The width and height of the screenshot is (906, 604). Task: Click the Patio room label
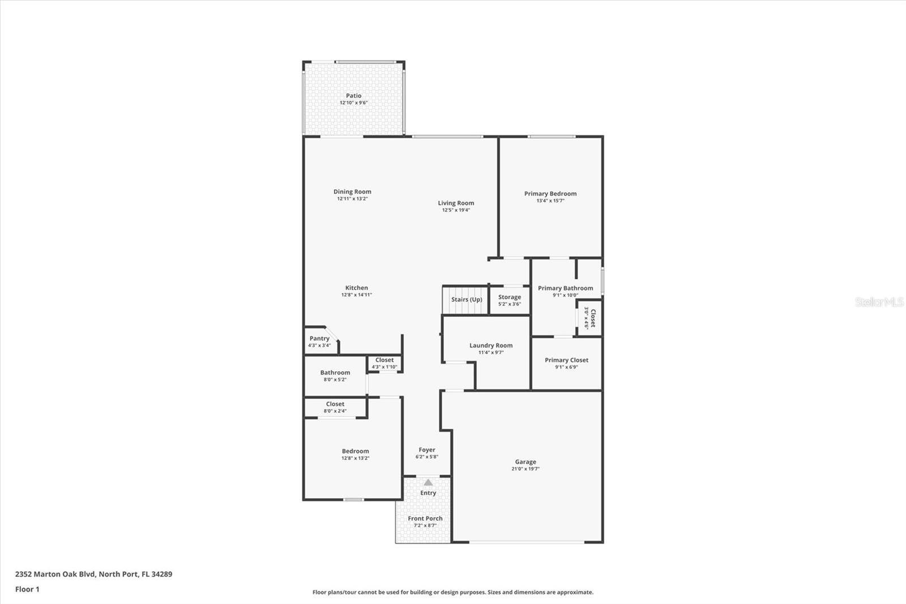coord(353,96)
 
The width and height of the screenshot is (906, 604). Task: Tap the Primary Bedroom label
coord(550,194)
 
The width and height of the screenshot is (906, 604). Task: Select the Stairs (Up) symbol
coord(466,300)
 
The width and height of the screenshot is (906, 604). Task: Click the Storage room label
coord(509,297)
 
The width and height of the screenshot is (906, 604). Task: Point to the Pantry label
coord(319,338)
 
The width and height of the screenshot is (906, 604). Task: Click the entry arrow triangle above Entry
coord(428,482)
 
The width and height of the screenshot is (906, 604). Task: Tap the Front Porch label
coord(425,518)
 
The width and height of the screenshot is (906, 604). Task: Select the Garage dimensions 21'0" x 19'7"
coord(525,469)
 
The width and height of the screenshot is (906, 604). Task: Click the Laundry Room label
coord(490,346)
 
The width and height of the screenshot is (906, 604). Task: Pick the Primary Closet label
coord(566,360)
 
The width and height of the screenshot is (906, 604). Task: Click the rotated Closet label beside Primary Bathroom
coord(593,318)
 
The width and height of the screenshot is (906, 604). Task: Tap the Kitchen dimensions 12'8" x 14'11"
coord(356,295)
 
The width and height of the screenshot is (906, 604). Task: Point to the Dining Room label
coord(352,192)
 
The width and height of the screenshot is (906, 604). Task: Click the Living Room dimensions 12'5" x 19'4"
coord(456,210)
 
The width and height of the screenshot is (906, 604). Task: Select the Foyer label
coord(426,450)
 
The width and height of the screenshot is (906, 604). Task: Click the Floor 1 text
coord(27,589)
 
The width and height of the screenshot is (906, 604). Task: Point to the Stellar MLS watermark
coord(879,302)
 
